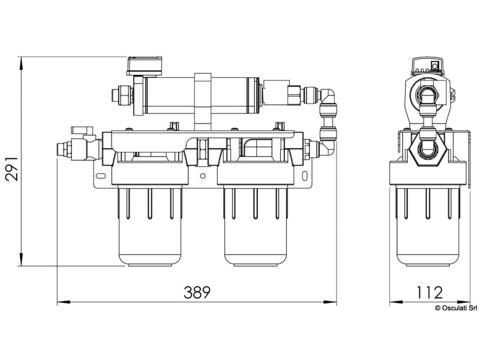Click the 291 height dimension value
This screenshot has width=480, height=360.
12,169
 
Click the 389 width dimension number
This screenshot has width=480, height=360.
197,292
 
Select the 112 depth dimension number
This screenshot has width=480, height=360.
430,292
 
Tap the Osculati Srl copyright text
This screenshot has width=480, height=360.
456,308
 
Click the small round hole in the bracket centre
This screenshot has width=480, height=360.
202,176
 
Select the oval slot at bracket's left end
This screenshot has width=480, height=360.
100,176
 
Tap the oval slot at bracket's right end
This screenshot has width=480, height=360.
305,176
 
